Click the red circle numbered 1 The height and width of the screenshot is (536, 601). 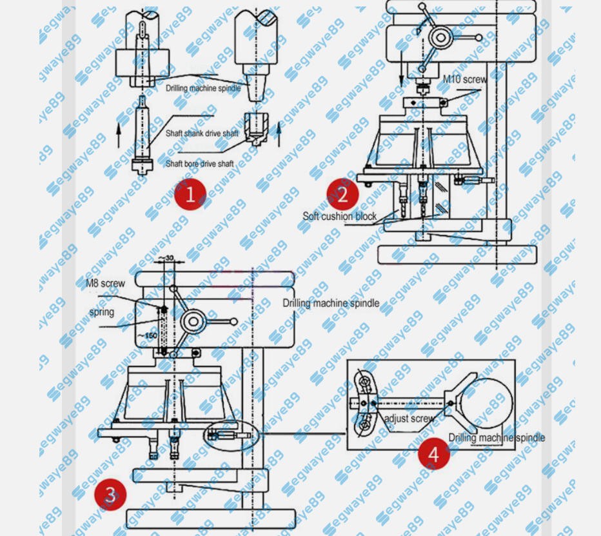[x=190, y=194]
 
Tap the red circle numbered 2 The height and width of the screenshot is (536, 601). [x=342, y=194]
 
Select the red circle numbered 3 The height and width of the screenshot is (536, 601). [x=110, y=495]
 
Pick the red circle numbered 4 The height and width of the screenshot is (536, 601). [x=433, y=453]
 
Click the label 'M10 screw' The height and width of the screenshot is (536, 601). [x=464, y=79]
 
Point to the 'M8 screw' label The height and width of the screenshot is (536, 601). [x=106, y=283]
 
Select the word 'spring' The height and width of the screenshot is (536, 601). [x=101, y=312]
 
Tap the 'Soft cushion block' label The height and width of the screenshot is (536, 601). [x=340, y=216]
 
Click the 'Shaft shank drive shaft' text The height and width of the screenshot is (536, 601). [x=202, y=134]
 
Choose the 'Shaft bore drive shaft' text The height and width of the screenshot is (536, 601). [x=199, y=164]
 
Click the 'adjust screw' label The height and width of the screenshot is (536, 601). [x=409, y=419]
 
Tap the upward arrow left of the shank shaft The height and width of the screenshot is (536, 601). [x=120, y=135]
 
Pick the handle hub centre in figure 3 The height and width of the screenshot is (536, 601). [x=192, y=321]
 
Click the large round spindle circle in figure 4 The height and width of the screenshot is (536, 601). [x=486, y=404]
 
